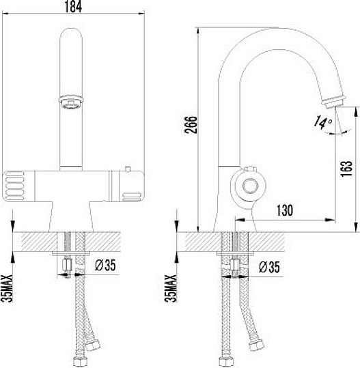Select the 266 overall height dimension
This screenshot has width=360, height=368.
pos(193,128)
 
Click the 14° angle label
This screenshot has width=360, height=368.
pos(322,122)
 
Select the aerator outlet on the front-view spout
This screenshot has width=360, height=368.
pos(71,102)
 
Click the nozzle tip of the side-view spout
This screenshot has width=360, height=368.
pos(330,101)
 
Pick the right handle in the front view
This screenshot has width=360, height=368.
pos(130,186)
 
